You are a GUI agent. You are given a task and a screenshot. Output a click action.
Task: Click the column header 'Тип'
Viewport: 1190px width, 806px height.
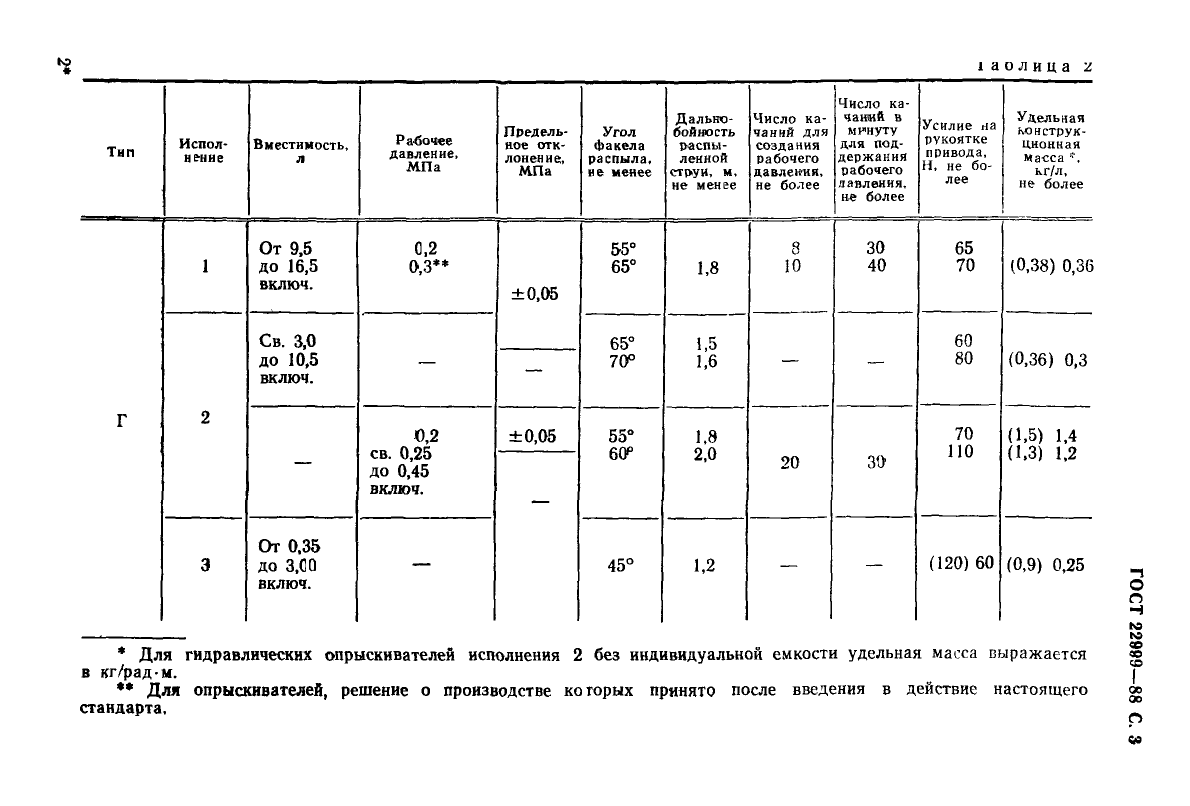click(121, 152)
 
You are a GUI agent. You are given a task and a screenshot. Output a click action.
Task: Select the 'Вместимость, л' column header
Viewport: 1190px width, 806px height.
click(301, 151)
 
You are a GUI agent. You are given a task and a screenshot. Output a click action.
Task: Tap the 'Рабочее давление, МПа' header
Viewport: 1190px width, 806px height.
click(424, 153)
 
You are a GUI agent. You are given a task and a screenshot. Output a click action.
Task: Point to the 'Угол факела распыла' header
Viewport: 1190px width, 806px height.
click(619, 152)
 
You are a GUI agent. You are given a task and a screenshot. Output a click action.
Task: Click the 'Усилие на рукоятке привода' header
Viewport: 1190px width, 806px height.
click(958, 152)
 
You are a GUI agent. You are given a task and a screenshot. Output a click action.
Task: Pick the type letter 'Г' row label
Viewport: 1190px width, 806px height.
click(121, 421)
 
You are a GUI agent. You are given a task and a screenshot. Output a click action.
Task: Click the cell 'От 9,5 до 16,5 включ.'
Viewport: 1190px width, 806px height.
click(289, 266)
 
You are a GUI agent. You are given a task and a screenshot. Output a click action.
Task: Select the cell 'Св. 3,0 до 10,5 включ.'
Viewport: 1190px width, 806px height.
click(289, 359)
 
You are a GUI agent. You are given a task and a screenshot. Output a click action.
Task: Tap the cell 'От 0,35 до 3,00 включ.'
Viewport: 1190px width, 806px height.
click(289, 565)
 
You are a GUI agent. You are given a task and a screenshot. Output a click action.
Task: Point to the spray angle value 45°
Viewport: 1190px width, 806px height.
click(620, 565)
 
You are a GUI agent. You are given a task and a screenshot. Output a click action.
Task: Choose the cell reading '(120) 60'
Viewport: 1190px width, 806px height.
click(961, 563)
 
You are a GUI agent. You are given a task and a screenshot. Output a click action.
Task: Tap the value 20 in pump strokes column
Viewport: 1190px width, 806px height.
click(789, 463)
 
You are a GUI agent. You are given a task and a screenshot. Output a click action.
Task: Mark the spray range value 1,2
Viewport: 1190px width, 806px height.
click(704, 565)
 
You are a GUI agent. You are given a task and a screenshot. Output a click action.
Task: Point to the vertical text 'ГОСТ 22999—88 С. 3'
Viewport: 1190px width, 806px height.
click(1134, 655)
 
